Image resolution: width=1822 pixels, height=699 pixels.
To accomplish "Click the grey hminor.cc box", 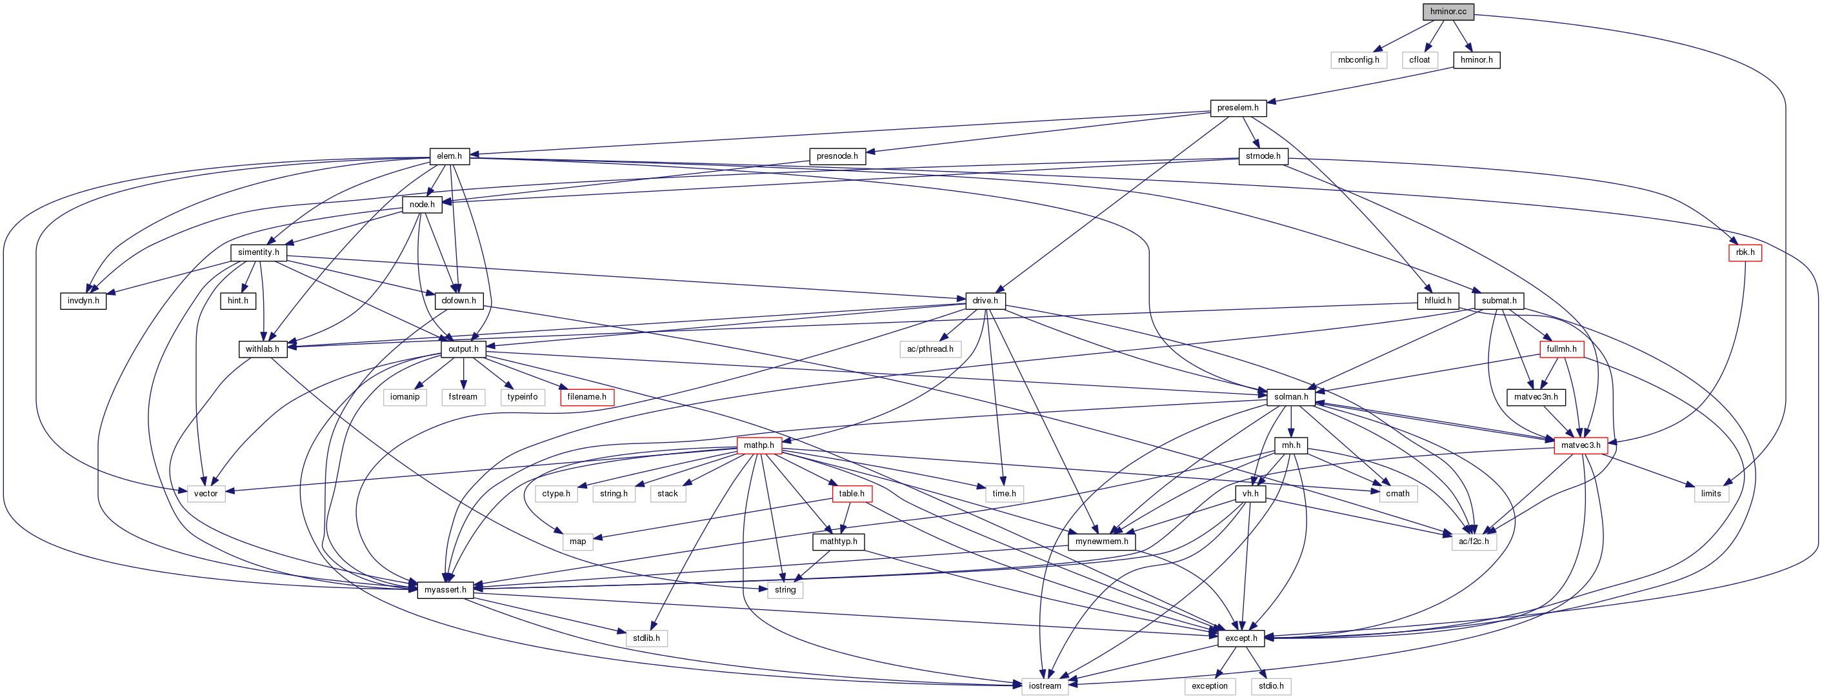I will (1448, 12).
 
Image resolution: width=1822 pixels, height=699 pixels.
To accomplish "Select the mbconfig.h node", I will (1358, 60).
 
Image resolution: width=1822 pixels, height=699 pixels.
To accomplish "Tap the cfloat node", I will (1419, 60).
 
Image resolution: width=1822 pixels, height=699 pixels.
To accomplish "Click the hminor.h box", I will (1476, 60).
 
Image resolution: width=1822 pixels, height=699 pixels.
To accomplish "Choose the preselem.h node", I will (1237, 108).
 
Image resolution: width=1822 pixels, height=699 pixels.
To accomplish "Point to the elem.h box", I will (449, 156).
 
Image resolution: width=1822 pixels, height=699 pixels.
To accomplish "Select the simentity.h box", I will (258, 252).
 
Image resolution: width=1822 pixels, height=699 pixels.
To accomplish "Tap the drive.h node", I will (985, 301).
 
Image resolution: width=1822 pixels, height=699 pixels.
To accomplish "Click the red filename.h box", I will (586, 398).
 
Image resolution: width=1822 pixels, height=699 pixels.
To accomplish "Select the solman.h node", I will (1290, 398).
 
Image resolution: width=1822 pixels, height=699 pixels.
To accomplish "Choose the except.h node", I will (1241, 638).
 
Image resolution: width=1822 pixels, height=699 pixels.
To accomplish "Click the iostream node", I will (1045, 686).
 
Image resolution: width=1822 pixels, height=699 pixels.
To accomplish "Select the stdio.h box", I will (1271, 686).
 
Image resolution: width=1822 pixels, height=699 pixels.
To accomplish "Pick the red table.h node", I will (852, 494).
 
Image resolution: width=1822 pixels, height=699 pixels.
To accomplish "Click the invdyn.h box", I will (83, 301).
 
